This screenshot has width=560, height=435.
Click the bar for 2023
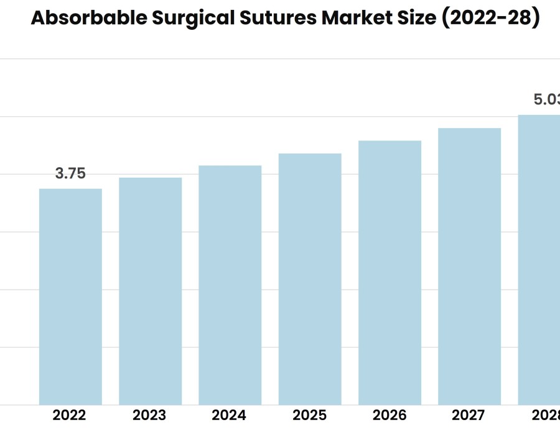click(150, 291)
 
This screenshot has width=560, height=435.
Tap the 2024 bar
click(230, 285)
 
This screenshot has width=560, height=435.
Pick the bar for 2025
click(310, 279)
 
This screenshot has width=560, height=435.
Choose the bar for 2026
click(390, 272)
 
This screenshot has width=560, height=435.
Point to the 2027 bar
click(469, 266)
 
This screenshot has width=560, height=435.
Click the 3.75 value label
click(70, 174)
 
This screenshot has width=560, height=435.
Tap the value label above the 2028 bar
click(546, 99)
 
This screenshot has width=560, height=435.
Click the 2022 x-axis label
click(70, 415)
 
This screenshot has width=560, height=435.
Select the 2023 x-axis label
click(149, 415)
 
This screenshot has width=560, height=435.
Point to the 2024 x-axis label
click(229, 415)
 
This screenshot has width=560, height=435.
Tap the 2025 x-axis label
click(309, 415)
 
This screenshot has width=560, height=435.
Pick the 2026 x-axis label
click(390, 415)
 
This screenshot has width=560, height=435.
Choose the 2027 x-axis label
click(469, 415)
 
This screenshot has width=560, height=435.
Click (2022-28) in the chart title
click(490, 19)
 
